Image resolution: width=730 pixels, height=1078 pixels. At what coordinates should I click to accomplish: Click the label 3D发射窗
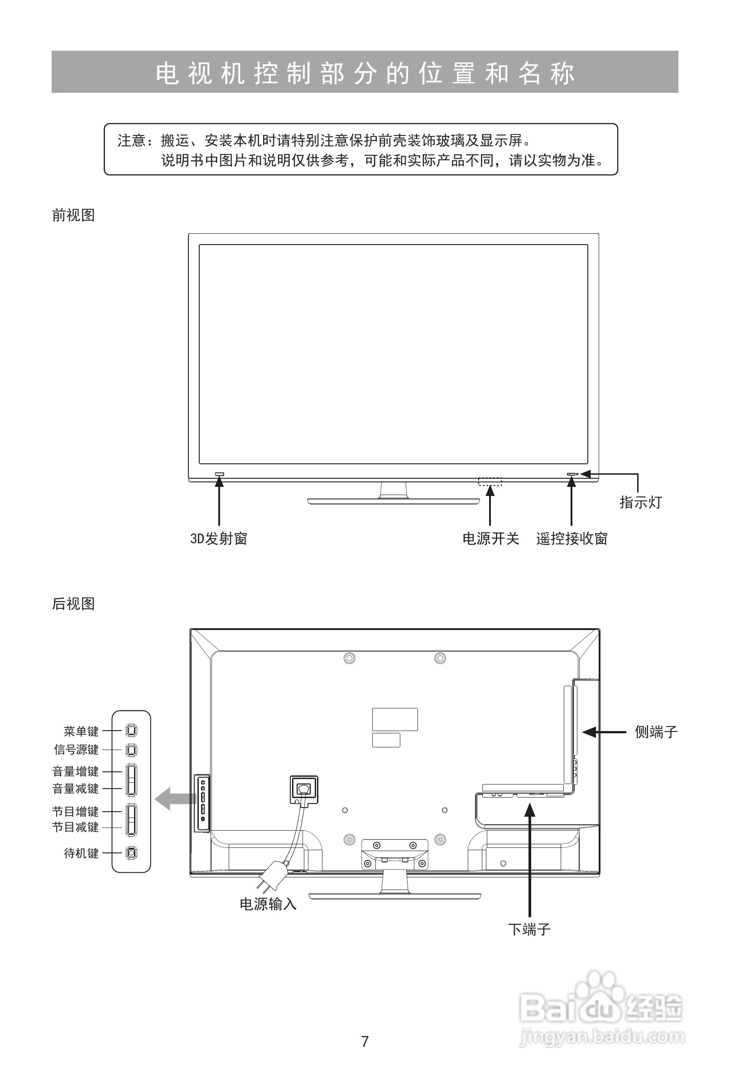point(218,539)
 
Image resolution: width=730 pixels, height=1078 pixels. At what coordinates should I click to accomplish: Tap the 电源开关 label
point(491,539)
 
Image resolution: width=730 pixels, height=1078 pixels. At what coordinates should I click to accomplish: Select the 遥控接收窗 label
point(572,539)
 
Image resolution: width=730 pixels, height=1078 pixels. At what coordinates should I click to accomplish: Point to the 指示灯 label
point(640,502)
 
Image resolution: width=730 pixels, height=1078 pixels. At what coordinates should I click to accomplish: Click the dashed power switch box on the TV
point(490,481)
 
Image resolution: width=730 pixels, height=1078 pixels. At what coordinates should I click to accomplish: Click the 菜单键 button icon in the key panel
point(132,731)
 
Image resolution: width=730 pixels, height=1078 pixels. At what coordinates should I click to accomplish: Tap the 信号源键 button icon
point(132,750)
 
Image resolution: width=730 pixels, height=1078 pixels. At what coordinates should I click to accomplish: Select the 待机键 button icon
point(132,852)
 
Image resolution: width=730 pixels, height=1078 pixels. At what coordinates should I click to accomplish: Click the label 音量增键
point(76,771)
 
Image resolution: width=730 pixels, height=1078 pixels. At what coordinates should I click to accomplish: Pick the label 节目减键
point(76,827)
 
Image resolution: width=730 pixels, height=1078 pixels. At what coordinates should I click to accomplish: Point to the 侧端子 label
point(656,732)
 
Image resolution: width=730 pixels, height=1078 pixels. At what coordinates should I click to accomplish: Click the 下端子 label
point(529,929)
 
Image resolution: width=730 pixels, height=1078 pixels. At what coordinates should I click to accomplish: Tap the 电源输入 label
point(268,904)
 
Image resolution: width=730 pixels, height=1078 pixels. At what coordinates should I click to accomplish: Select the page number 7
point(365,1041)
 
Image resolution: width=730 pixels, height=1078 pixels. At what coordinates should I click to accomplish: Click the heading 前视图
point(73,215)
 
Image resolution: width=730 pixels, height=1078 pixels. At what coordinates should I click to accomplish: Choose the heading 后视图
point(73,603)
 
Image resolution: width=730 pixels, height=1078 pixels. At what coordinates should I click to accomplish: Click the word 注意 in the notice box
point(132,140)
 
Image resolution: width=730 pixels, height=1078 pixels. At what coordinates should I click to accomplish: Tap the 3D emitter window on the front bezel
point(219,474)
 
